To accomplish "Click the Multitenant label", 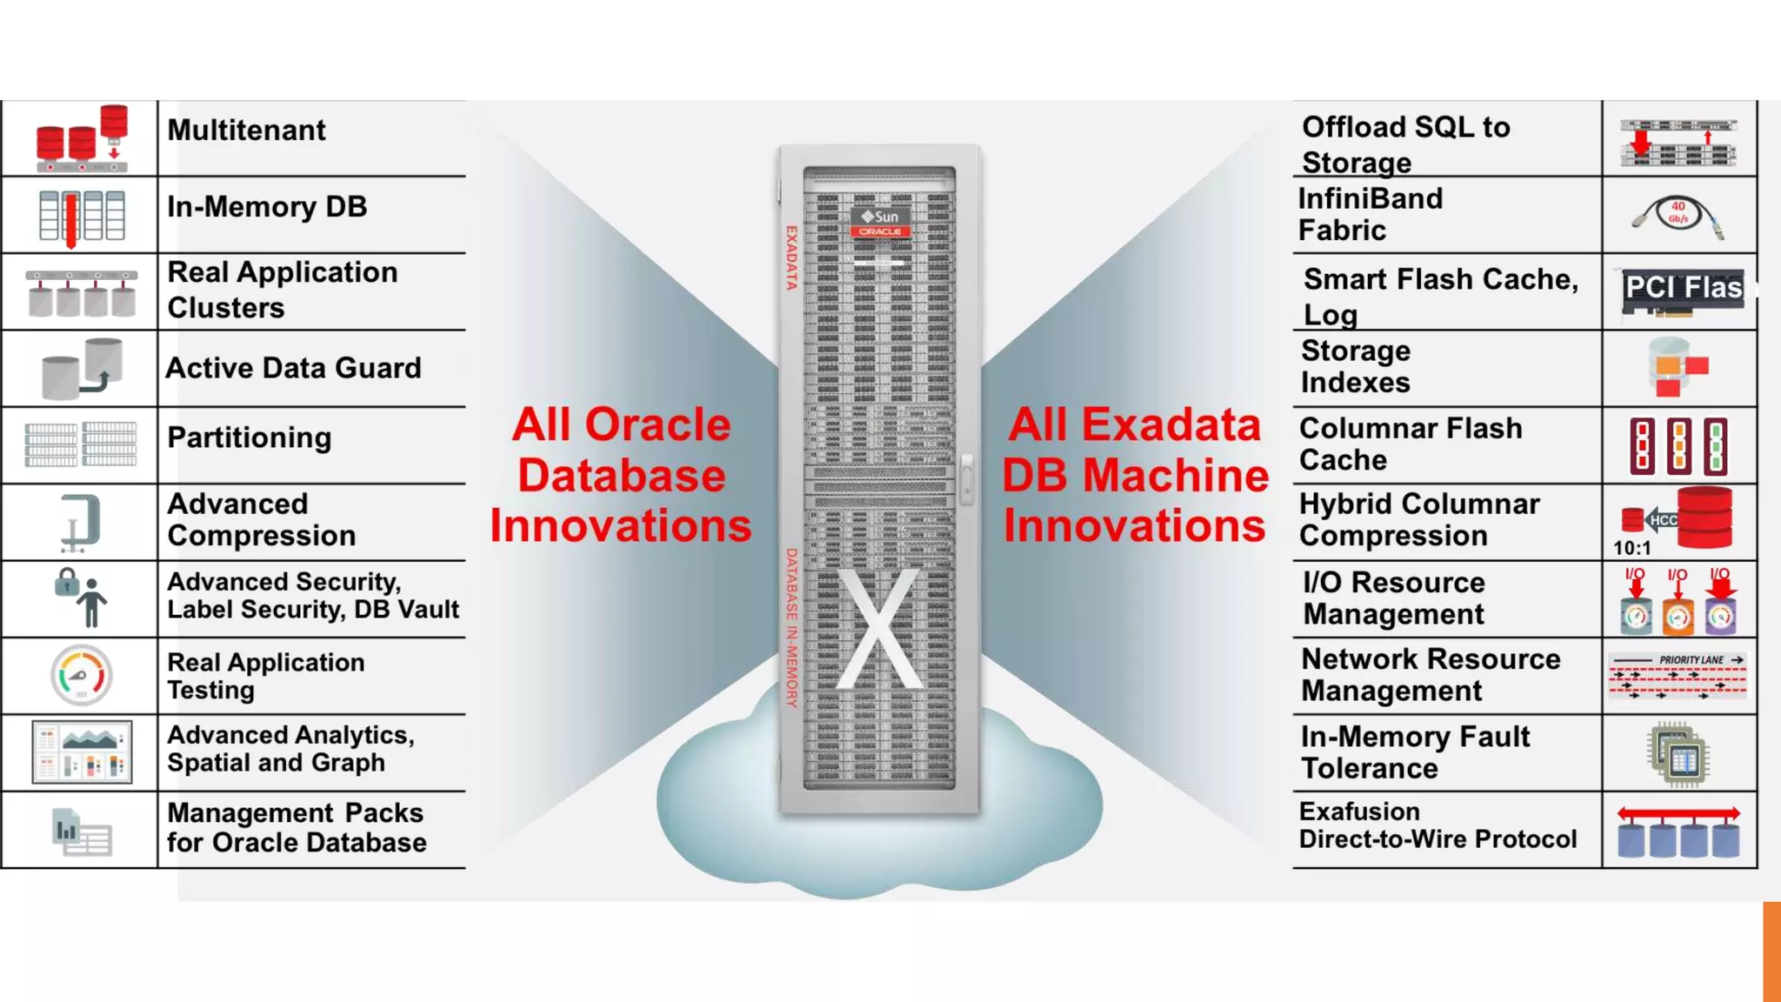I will click(246, 130).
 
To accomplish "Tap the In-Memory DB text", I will click(267, 207).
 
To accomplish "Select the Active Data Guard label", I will click(293, 368).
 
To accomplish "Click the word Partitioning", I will click(249, 438).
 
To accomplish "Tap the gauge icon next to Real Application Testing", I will click(81, 675).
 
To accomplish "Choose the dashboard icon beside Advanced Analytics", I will click(82, 752).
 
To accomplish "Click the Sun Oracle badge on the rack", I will click(880, 222).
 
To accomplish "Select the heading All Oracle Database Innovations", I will click(621, 475).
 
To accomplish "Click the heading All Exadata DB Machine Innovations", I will click(1135, 475).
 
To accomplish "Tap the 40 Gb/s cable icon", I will click(1678, 216).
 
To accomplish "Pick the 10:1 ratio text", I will click(1631, 548).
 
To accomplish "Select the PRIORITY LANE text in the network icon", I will click(1691, 660).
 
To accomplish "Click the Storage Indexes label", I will click(1355, 367).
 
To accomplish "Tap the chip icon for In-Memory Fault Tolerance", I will click(1678, 754).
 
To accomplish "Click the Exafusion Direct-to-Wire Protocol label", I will click(1437, 825).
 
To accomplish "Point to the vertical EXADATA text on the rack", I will click(791, 257).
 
